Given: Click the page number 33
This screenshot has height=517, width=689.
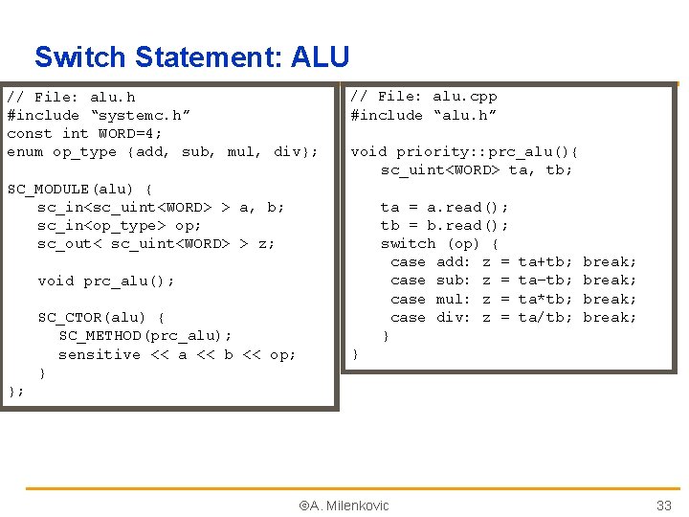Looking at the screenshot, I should pos(663,506).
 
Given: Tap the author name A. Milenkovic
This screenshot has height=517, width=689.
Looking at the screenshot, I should pos(344,506).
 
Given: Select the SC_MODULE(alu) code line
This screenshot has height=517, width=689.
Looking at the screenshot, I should pos(79,189).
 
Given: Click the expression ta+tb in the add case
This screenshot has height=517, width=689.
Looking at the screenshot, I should pos(545,261).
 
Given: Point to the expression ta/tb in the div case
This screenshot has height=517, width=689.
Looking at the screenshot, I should pos(545,317).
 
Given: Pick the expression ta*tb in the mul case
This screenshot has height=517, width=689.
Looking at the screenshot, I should pos(545,299).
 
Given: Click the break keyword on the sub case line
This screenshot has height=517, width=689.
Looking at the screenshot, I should pos(610,280).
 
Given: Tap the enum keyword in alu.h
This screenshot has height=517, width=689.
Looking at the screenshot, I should pos(25,152).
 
